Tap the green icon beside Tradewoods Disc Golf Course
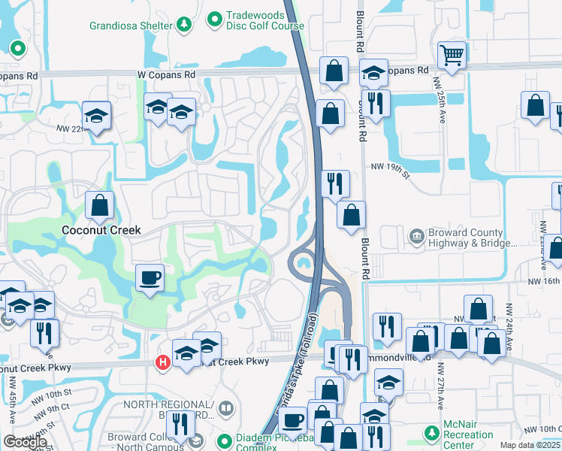pos(215,17)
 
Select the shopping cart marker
pos(452,55)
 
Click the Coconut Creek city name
pos(101,229)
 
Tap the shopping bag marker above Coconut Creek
pos(99,204)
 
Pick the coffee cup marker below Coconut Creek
pos(150,278)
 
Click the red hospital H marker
pos(162,363)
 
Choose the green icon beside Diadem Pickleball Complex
pos(223,441)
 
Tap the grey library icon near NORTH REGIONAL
pos(226,409)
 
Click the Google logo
pos(25,442)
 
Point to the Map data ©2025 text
pos(530,445)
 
